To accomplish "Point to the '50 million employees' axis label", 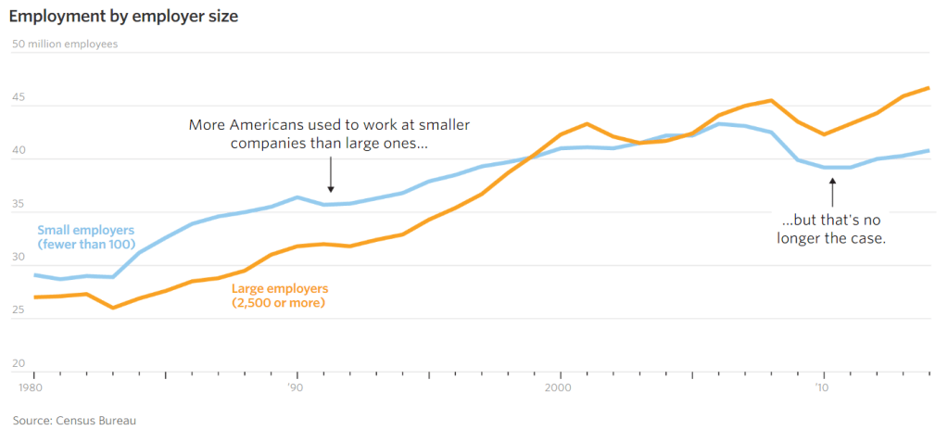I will (x=64, y=44).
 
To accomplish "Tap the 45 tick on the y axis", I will (x=18, y=98).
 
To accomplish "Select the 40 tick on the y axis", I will (x=18, y=151).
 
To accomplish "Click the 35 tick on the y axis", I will (x=18, y=204).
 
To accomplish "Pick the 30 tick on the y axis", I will (x=18, y=258).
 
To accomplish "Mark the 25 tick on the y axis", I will (x=18, y=310).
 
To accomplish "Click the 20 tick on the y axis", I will (x=18, y=363).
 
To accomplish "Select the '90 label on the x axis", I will (x=296, y=386).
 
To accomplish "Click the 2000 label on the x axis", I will (x=560, y=386).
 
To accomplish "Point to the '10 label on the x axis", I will (x=822, y=386).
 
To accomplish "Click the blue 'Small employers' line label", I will (x=85, y=236).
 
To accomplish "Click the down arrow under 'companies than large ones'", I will (x=331, y=175).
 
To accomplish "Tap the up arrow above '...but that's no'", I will (x=832, y=193).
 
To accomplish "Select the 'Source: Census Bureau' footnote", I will (x=74, y=421).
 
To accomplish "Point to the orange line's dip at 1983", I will (x=113, y=307).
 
